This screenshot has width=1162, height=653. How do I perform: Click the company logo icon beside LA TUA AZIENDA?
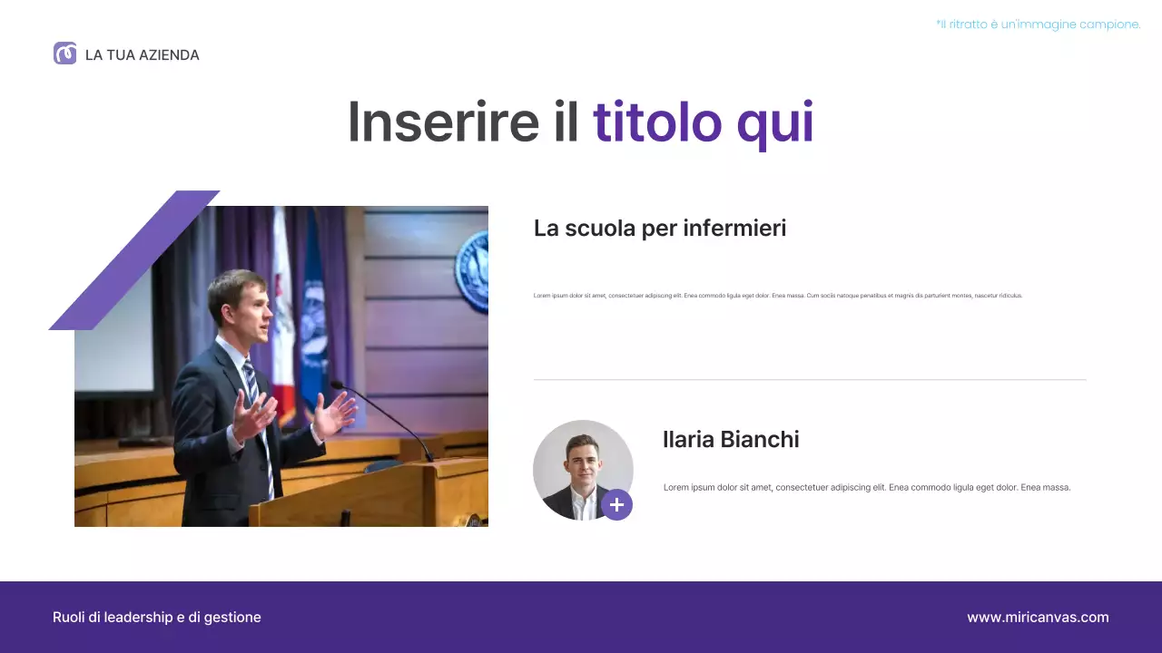[x=64, y=54]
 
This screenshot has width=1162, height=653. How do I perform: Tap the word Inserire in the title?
[x=443, y=122]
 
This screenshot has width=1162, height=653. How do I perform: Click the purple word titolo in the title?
[x=657, y=122]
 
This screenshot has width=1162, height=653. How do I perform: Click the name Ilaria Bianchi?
[x=731, y=440]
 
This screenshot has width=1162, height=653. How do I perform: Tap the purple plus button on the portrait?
[x=616, y=505]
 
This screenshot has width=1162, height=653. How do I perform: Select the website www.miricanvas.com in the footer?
[x=1038, y=618]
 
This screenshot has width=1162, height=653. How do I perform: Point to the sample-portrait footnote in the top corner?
[x=1038, y=24]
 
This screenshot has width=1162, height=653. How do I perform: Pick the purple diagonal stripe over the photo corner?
[x=134, y=260]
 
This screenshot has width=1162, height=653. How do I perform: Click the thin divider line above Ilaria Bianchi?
[x=809, y=380]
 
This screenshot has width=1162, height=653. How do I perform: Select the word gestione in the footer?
[x=231, y=618]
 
